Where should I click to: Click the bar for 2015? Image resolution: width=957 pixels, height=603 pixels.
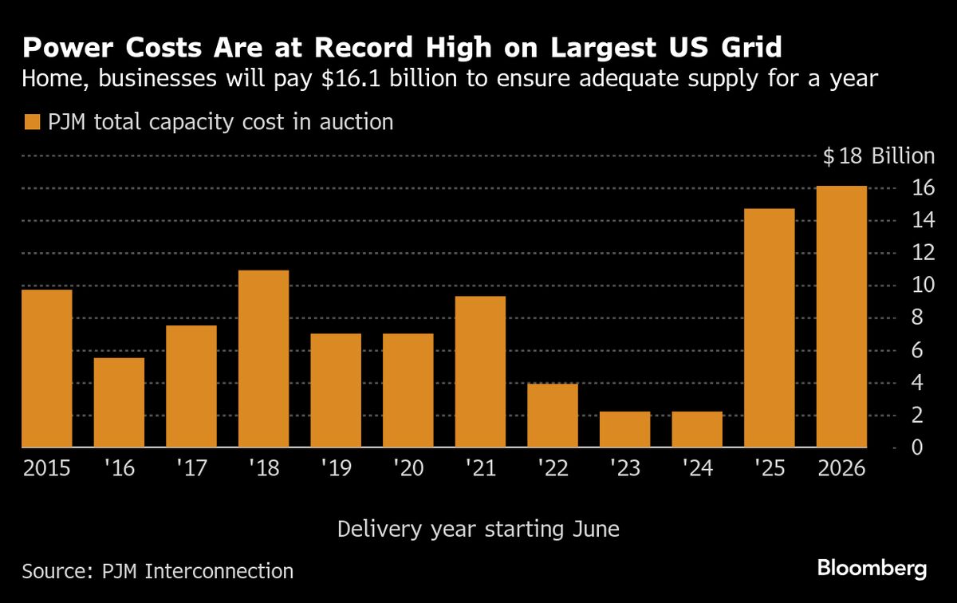click(x=46, y=368)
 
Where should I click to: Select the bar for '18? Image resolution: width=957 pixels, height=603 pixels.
click(x=263, y=359)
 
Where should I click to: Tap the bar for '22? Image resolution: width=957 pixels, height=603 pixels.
click(x=552, y=416)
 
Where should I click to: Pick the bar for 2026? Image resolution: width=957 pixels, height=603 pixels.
click(x=841, y=317)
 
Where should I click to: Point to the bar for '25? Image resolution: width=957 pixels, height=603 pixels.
click(x=769, y=328)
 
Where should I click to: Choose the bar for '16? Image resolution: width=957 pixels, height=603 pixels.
click(x=119, y=403)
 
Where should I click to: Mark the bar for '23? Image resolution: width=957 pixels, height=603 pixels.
click(x=624, y=429)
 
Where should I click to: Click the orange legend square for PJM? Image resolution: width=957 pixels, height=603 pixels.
click(x=33, y=122)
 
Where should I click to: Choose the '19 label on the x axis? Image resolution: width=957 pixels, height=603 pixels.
click(x=335, y=468)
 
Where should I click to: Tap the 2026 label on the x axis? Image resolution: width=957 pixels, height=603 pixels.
click(x=841, y=468)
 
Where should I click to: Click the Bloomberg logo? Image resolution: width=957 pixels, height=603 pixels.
click(x=872, y=569)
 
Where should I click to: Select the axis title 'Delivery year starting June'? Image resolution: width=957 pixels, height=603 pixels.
click(x=478, y=529)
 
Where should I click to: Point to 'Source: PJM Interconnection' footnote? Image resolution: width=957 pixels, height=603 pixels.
click(x=158, y=571)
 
